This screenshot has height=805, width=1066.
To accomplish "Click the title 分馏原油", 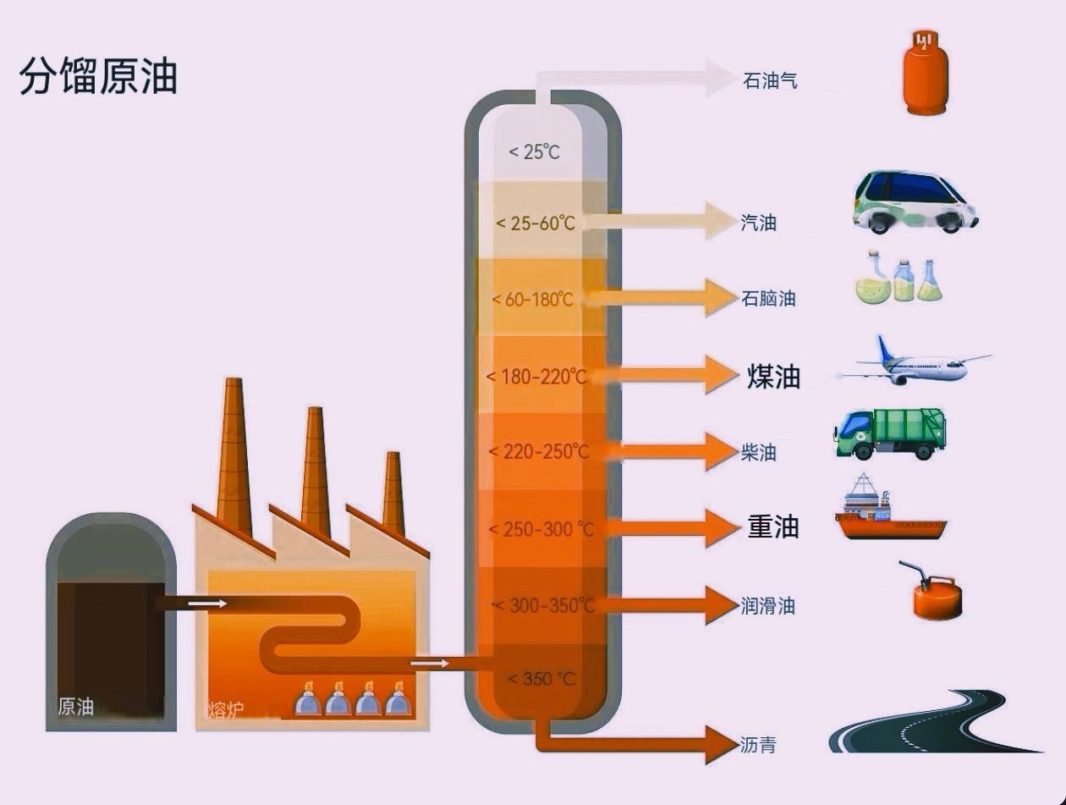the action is pyautogui.click(x=98, y=76).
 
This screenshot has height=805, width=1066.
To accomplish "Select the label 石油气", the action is pyautogui.click(x=770, y=81).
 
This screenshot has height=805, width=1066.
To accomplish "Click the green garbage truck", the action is pyautogui.click(x=890, y=433).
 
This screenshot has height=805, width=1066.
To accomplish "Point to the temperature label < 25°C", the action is pyautogui.click(x=534, y=152).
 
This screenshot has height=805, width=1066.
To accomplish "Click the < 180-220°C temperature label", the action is pyautogui.click(x=536, y=376).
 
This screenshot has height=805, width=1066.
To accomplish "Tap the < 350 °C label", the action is pyautogui.click(x=541, y=679).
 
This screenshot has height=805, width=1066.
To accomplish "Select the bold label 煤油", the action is pyautogui.click(x=773, y=377).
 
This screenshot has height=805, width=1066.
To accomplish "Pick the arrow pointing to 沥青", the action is pyautogui.click(x=643, y=744).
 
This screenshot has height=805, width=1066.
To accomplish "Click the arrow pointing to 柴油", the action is pyautogui.click(x=668, y=450).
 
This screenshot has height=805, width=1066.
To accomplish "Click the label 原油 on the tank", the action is pyautogui.click(x=75, y=707).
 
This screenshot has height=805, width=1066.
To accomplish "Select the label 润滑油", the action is pyautogui.click(x=767, y=606).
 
